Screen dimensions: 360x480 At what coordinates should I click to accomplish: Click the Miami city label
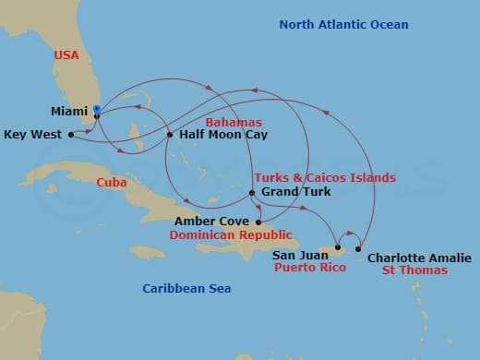69,112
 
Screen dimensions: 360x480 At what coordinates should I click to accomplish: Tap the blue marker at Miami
97,109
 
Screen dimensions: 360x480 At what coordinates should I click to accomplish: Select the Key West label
32,134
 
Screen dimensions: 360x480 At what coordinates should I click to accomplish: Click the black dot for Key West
71,134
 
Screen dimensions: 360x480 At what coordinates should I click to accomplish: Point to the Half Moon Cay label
217,135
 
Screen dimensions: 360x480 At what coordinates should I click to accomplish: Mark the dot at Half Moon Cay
170,135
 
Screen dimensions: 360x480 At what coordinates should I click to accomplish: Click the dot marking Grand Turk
252,192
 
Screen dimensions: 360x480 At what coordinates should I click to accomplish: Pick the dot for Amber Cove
258,222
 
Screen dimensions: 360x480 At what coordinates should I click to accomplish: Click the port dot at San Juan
339,247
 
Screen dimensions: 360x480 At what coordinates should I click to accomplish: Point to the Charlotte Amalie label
419,258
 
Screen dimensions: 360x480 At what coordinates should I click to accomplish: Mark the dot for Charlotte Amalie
359,247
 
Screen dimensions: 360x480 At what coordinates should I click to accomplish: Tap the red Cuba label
112,183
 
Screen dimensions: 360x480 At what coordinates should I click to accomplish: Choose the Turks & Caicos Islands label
324,177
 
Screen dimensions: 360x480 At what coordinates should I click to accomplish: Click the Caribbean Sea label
186,289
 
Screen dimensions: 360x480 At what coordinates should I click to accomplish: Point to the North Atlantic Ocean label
343,24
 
